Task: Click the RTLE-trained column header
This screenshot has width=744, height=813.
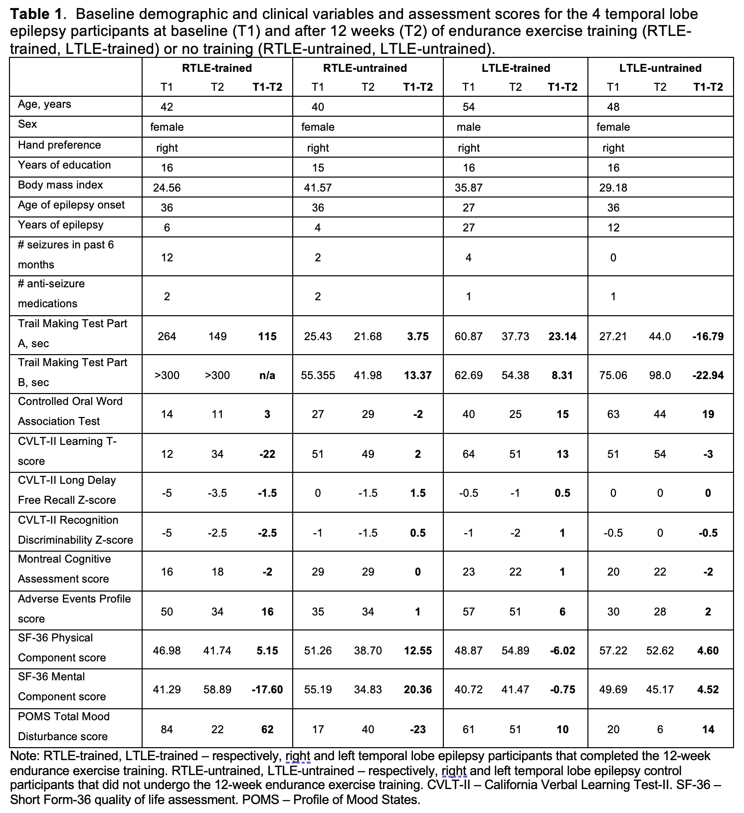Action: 216,68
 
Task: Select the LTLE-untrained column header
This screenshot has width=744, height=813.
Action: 660,68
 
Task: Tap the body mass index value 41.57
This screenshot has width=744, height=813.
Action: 318,188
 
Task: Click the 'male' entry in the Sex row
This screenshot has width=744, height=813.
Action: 468,127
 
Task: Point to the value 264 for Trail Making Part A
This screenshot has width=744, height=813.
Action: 167,336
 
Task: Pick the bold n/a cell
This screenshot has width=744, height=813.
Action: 267,375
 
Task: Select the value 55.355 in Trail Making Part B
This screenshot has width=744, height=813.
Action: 318,375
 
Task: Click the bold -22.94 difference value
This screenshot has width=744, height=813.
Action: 708,375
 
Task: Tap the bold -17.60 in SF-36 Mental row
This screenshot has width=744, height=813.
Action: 267,689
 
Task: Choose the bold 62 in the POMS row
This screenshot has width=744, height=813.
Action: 267,729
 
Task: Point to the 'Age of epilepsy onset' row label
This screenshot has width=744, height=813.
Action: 71,205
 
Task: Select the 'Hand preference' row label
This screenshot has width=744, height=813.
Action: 59,145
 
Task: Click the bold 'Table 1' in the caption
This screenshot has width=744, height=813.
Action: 33,14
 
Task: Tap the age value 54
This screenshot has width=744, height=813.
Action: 468,107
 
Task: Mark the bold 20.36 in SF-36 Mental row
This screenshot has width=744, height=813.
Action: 417,689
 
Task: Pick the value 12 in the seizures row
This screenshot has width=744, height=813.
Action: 167,257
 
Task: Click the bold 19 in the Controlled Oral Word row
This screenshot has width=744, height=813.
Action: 708,414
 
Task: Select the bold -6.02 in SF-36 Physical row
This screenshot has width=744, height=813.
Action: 562,650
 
